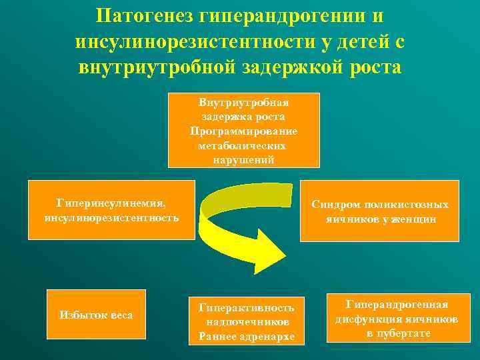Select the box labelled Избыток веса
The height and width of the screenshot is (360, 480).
point(96,314)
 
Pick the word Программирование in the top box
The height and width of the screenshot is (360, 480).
point(243,131)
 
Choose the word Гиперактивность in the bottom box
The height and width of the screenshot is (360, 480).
point(246,307)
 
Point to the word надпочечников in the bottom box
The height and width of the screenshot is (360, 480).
point(246,321)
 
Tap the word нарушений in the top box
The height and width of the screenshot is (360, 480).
point(243,160)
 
